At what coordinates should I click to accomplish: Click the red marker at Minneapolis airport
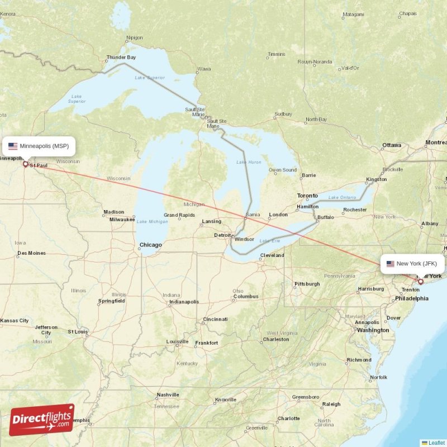coord(25,164)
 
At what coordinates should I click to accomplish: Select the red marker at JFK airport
coord(421,282)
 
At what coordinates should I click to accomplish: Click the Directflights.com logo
coord(42,420)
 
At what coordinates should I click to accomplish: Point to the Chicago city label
coord(150,245)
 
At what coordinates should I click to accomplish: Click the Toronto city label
coord(307,196)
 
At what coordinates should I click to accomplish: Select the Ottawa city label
coord(391,145)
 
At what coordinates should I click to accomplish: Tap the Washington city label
coord(373,330)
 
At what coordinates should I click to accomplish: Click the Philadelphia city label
coord(411,298)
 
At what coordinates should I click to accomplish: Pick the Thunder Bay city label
coord(121,57)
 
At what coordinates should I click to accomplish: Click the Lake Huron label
coord(249,162)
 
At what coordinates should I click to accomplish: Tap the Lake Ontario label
coord(341,197)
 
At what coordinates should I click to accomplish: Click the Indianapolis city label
coord(184,302)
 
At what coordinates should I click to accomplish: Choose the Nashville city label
coord(168,394)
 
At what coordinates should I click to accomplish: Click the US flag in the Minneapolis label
coord(12,146)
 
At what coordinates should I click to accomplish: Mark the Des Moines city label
coord(31,253)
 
